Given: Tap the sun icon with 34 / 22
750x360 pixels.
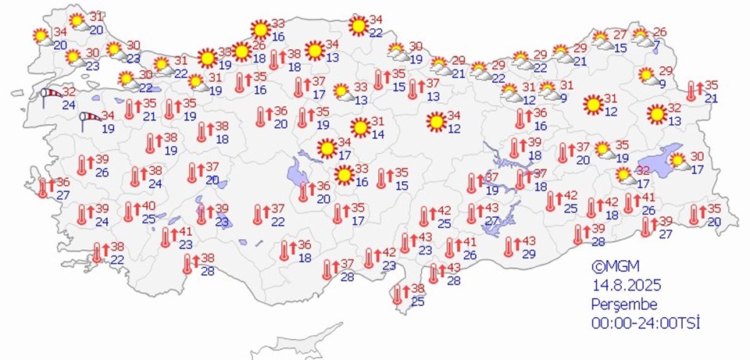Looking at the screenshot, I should (x=359, y=26).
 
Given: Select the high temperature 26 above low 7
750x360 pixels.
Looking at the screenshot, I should (x=660, y=32).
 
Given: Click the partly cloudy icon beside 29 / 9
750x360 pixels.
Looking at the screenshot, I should (x=646, y=76).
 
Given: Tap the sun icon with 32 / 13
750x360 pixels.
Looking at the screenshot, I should (x=656, y=115).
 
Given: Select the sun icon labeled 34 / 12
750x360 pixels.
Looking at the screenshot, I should (x=436, y=122).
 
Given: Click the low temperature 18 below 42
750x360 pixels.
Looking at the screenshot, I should (x=612, y=216).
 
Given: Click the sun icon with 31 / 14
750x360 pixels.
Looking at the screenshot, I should (x=359, y=127).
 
